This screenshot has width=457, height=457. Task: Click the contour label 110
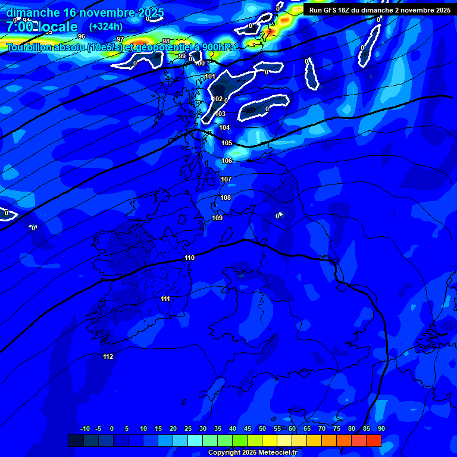pyautogui.click(x=189, y=258)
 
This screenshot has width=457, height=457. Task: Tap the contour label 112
pyautogui.click(x=108, y=356)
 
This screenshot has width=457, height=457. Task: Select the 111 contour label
pyautogui.click(x=165, y=299)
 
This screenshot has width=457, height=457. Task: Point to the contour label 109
pyautogui.click(x=217, y=218)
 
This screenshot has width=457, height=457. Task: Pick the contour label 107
pyautogui.click(x=226, y=179)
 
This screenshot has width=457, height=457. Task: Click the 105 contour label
pyautogui.click(x=227, y=143)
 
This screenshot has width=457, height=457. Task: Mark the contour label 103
pyautogui.click(x=221, y=114)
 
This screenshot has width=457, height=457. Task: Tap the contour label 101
pyautogui.click(x=211, y=76)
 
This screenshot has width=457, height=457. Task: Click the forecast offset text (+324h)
pyautogui.click(x=106, y=26)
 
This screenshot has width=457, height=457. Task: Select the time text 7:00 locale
pyautogui.click(x=42, y=27)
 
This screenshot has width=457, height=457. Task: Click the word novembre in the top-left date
pyautogui.click(x=109, y=12)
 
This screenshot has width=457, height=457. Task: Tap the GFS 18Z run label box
pyautogui.click(x=379, y=10)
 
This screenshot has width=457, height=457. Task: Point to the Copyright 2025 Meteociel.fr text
pyautogui.click(x=252, y=452)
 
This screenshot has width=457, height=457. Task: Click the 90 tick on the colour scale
pyautogui.click(x=381, y=428)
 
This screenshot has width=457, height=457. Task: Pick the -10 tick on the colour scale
pyautogui.click(x=84, y=428)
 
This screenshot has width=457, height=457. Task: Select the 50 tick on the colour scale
pyautogui.click(x=262, y=428)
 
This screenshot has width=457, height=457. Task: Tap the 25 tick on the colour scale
pyautogui.click(x=188, y=428)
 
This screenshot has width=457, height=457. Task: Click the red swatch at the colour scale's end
pyautogui.click(x=373, y=440)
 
